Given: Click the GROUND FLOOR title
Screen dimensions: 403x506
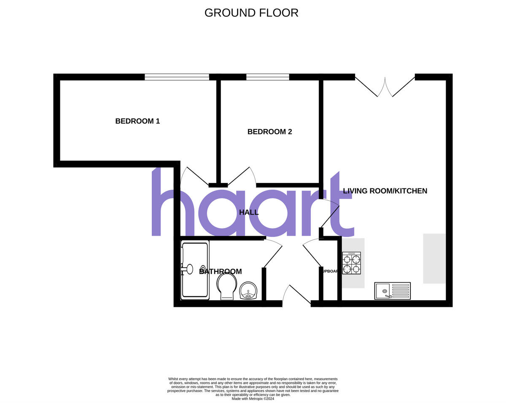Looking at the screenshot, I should [x=251, y=13].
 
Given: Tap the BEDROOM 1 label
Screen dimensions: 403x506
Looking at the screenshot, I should [x=137, y=121].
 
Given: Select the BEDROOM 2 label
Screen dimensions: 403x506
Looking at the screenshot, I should [x=269, y=132].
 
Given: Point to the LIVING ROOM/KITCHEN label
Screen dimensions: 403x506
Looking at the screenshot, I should [x=385, y=191].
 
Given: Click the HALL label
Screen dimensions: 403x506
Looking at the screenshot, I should [x=249, y=212].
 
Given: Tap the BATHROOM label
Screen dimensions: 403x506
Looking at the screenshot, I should [x=221, y=272].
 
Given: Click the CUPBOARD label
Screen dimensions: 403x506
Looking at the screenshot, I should [x=330, y=271].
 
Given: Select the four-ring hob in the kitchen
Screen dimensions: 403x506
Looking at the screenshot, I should [x=351, y=263].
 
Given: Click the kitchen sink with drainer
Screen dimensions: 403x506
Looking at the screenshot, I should [x=392, y=291].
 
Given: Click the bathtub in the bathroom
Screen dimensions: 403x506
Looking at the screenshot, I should [x=195, y=270].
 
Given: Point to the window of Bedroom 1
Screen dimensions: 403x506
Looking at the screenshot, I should [x=177, y=77].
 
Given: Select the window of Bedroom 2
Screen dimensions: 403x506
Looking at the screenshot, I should [x=268, y=77].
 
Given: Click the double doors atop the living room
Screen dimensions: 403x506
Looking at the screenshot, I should [x=385, y=86].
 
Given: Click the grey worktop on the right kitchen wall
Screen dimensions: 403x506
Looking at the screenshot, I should [x=434, y=258].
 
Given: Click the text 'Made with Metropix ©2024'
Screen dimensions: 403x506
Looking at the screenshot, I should [x=253, y=398].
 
